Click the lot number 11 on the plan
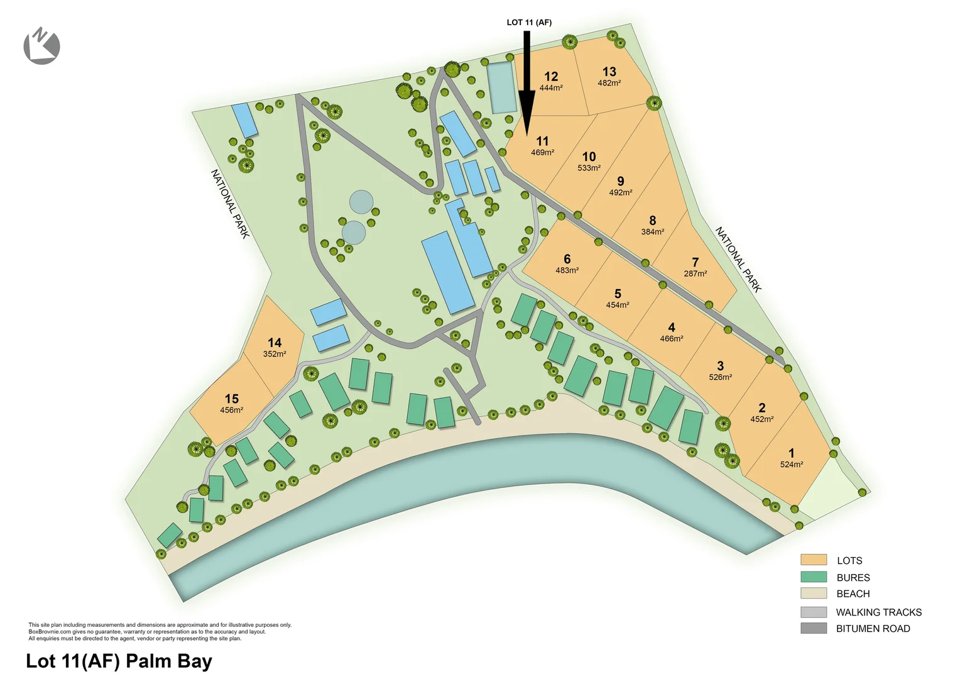tap(542, 141)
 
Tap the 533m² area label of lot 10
tap(589, 168)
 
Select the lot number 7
tap(695, 262)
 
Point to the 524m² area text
tap(791, 465)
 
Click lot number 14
tap(275, 343)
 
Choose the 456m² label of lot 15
tap(231, 410)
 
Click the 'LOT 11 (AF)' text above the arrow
tap(529, 23)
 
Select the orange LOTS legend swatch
tap(813, 560)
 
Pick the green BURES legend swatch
tap(813, 577)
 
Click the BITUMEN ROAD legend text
tap(873, 629)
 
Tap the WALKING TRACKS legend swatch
tap(813, 612)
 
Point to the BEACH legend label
tap(853, 593)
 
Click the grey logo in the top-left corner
tap(41, 46)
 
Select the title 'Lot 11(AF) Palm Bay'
tap(119, 661)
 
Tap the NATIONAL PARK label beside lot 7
tap(738, 260)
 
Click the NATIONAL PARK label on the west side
tap(230, 204)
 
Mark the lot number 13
tap(609, 72)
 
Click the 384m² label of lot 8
tap(652, 232)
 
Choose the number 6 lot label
tap(567, 259)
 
